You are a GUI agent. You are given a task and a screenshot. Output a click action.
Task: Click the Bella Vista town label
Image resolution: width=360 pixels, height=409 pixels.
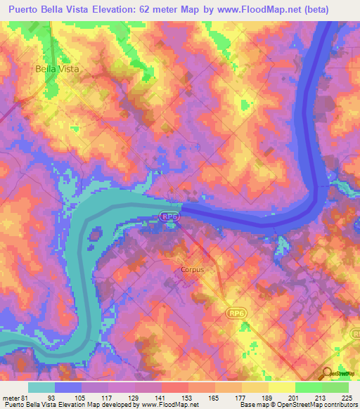tap(58, 70)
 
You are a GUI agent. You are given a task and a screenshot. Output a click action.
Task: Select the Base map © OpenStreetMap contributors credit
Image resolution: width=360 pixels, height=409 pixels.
tap(295, 404)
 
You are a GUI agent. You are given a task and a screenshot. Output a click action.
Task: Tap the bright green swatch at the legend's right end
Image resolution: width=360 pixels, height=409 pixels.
tap(335, 387)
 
